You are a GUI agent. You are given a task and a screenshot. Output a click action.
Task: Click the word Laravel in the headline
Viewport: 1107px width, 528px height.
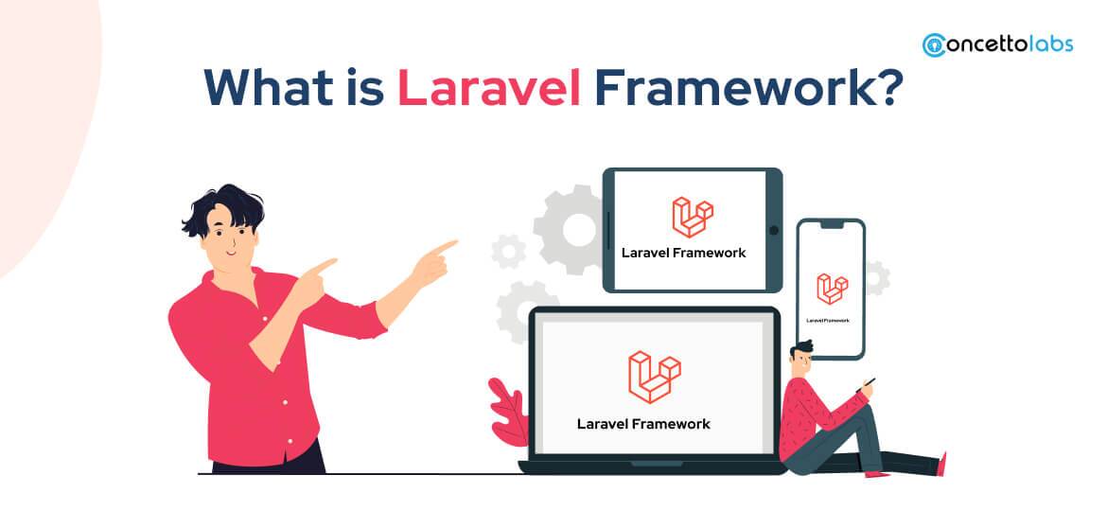point(488,87)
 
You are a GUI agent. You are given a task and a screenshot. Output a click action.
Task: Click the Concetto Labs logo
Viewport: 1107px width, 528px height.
point(997,44)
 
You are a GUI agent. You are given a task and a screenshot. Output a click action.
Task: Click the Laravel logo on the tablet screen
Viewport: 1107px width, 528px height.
point(693,217)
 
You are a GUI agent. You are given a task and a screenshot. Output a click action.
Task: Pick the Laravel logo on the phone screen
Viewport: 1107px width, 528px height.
point(832,290)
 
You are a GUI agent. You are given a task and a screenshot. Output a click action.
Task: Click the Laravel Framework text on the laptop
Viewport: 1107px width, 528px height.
point(643,423)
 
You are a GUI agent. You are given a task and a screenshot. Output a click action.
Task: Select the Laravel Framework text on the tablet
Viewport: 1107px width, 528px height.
point(683,253)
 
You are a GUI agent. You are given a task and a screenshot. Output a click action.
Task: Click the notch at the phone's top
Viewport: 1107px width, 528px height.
point(831,225)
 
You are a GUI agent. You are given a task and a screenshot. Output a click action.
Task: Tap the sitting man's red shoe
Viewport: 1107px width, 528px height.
point(940,464)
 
